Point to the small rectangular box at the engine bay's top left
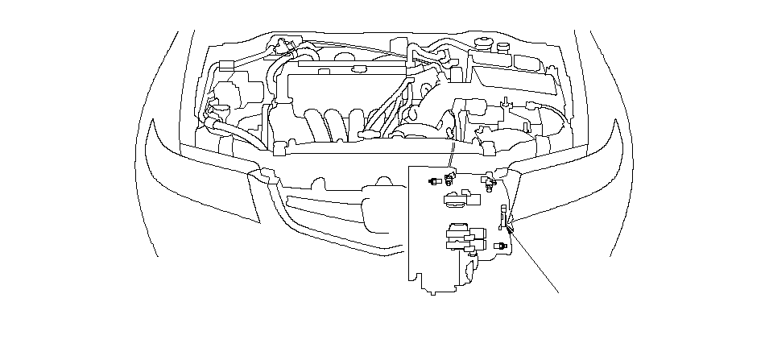226,64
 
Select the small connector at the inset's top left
435,180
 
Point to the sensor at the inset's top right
488,183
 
